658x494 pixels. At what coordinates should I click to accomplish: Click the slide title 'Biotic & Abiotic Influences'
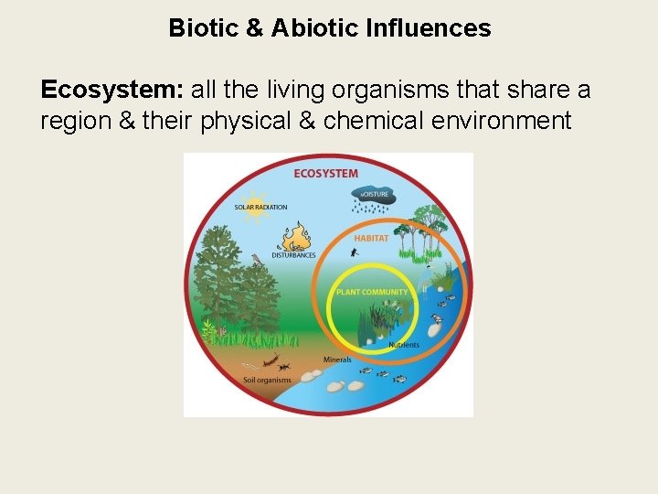pos(329,28)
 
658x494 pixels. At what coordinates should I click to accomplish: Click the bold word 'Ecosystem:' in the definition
pos(111,91)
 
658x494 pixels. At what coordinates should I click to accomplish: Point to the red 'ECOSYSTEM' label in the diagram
pos(325,173)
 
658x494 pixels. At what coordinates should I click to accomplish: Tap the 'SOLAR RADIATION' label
pos(262,208)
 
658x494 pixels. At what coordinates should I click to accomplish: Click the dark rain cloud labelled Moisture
pos(372,196)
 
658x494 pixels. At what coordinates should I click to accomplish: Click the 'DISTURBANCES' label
pos(294,255)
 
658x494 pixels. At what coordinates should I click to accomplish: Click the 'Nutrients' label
pos(404,345)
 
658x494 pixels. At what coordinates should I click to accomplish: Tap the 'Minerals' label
pos(337,360)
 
